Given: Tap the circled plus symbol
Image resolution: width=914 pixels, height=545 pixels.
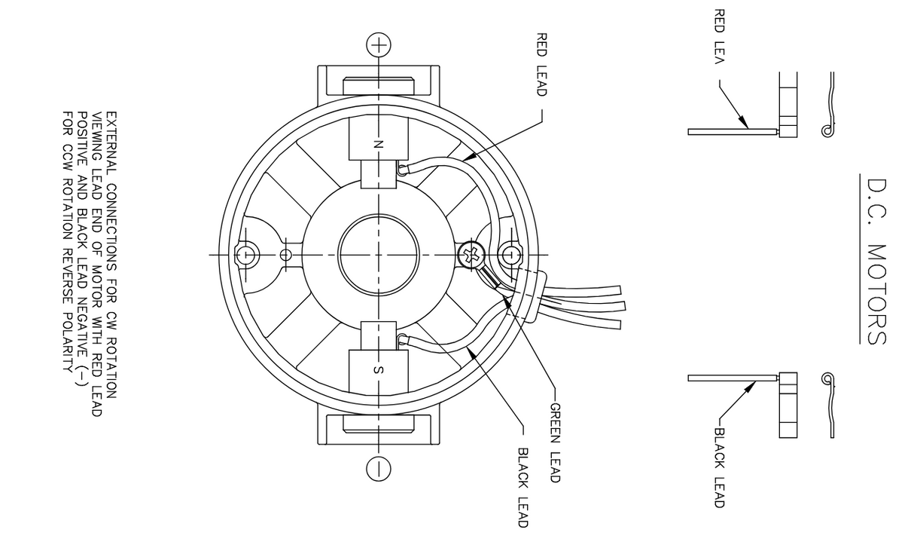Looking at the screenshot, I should coord(378,44).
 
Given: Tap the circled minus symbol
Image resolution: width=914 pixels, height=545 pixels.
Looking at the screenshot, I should coord(378,468).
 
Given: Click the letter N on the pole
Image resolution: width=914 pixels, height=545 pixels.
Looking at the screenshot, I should coord(378,142).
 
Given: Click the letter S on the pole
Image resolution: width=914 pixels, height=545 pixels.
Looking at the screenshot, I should coord(378,369).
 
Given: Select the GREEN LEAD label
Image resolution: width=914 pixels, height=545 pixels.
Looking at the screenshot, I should coord(555,442).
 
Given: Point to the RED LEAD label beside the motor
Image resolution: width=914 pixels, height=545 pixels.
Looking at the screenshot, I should coord(541,63).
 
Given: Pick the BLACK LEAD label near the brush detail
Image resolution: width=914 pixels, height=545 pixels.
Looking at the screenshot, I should coord(719,467).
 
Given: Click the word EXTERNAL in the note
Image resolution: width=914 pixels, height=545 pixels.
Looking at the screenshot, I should coord(111,143).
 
